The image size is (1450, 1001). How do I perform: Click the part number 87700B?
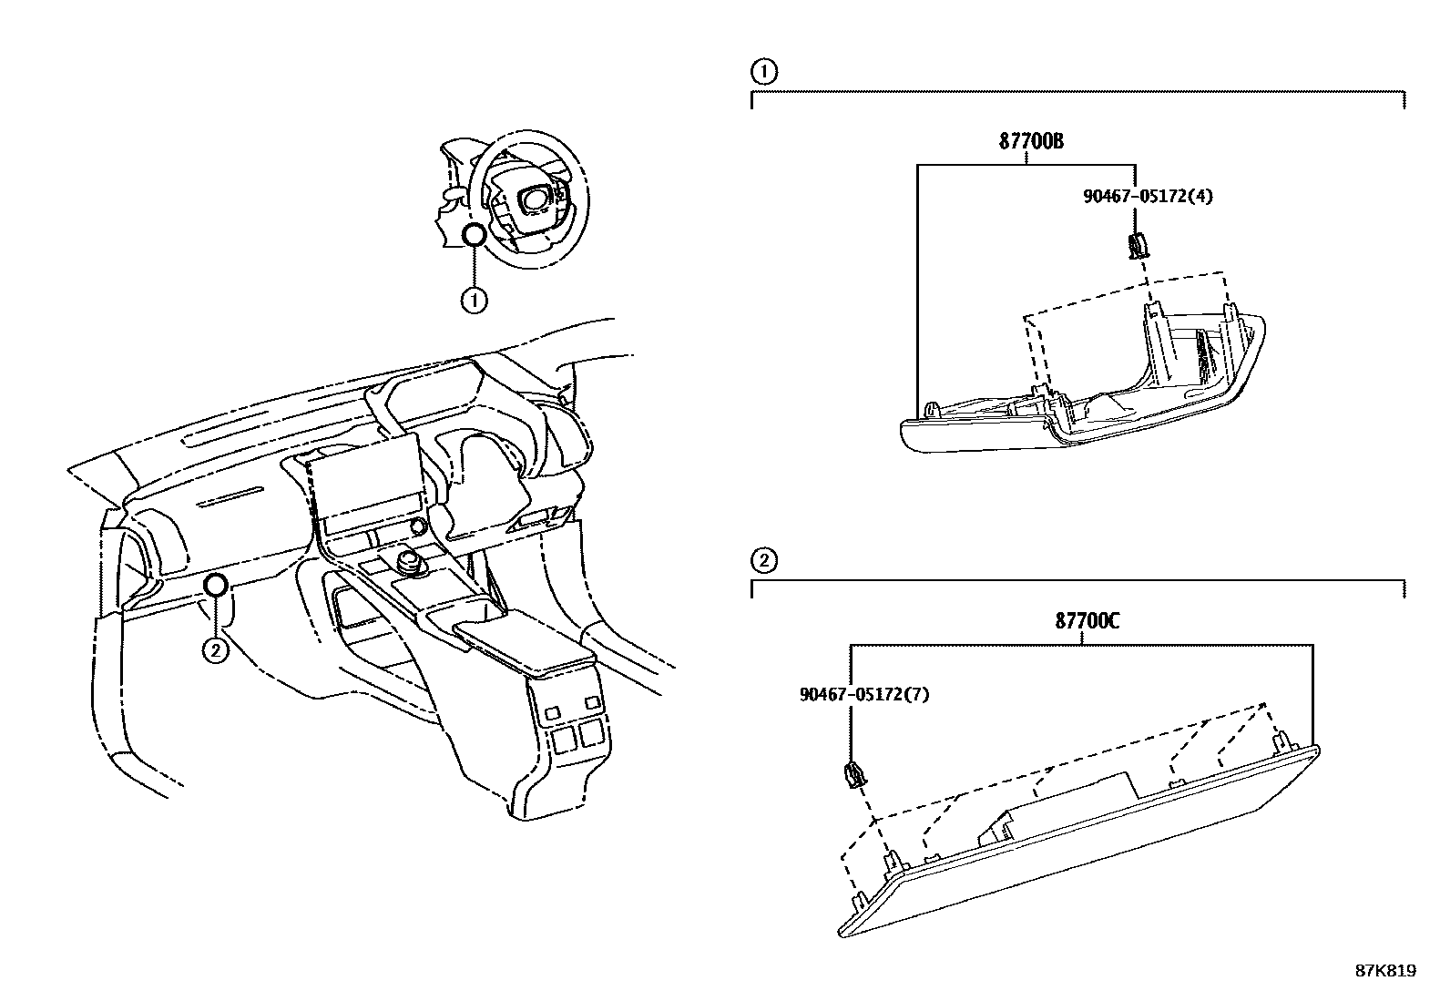[x=1031, y=142]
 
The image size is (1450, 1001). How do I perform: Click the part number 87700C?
[x=1087, y=622]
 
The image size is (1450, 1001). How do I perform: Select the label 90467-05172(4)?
[x=1148, y=195]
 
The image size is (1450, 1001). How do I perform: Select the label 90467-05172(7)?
[x=864, y=694]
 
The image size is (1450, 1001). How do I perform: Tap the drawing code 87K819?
[x=1385, y=971]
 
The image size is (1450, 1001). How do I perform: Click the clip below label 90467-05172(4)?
[x=1136, y=245]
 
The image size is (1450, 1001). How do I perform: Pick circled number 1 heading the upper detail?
[x=763, y=72]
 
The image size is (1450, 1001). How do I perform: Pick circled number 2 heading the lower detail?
[x=763, y=559]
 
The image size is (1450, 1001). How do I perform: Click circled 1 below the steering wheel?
[x=474, y=300]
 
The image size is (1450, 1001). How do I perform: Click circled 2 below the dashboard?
[x=214, y=649]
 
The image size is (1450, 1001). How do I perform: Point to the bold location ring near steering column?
[x=474, y=236]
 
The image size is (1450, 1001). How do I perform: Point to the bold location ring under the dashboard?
[x=215, y=586]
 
